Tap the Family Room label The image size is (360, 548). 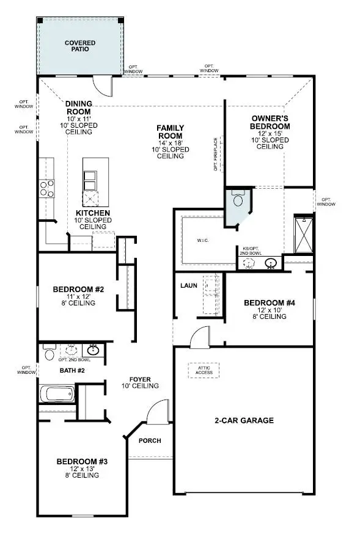(171, 132)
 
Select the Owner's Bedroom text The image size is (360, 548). (270, 122)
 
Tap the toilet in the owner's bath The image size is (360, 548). (238, 200)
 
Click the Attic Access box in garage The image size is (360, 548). (203, 370)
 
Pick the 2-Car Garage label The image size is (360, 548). (243, 420)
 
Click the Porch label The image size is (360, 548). (150, 440)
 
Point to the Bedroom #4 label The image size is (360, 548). (269, 302)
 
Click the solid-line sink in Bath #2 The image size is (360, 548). (93, 351)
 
